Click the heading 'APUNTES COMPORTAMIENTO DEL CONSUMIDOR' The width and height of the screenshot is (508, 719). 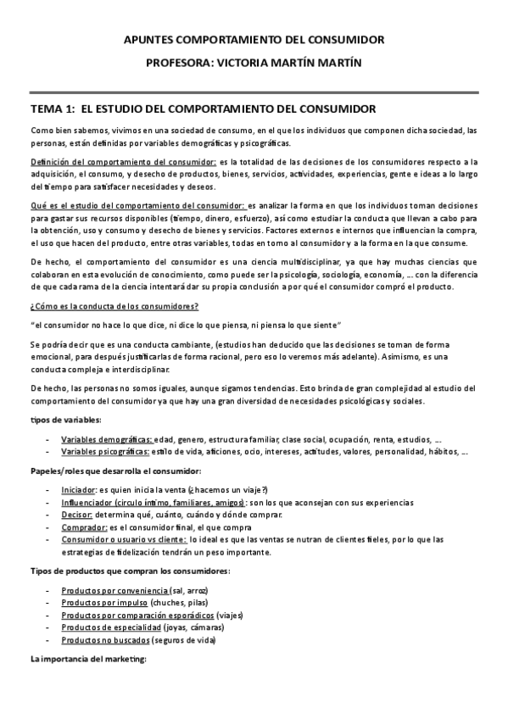pyautogui.click(x=254, y=40)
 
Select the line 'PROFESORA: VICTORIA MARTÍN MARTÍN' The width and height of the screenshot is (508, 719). pyautogui.click(x=254, y=63)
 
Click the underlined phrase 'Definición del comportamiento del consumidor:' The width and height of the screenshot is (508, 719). pyautogui.click(x=123, y=161)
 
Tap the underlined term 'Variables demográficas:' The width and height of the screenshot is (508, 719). pyautogui.click(x=106, y=439)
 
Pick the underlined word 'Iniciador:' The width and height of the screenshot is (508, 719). pyautogui.click(x=79, y=490)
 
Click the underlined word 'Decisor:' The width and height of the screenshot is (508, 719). pyautogui.click(x=77, y=516)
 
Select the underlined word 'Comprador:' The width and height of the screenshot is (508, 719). pyautogui.click(x=83, y=527)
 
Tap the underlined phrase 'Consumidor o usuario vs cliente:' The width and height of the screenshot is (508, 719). pyautogui.click(x=124, y=540)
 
